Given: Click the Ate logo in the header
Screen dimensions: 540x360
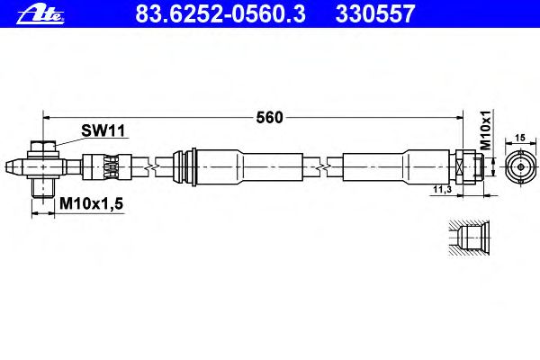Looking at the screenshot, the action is tap(40, 15).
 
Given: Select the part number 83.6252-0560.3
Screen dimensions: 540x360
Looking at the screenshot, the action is tap(220, 14).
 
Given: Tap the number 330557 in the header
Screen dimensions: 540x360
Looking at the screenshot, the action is tap(375, 14).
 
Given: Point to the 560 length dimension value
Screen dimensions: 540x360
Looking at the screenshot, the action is tap(269, 118).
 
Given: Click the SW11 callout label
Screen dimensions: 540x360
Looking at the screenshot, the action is tap(103, 130).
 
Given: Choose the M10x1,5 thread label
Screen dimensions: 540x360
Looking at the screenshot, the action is tap(91, 203).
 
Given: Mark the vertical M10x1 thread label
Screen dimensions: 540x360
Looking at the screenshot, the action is tap(486, 130).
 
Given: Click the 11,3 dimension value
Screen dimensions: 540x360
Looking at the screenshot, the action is tap(442, 189).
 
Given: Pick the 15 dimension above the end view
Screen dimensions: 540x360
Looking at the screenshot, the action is tap(520, 138).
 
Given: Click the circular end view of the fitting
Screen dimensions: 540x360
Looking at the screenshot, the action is tap(521, 167).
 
